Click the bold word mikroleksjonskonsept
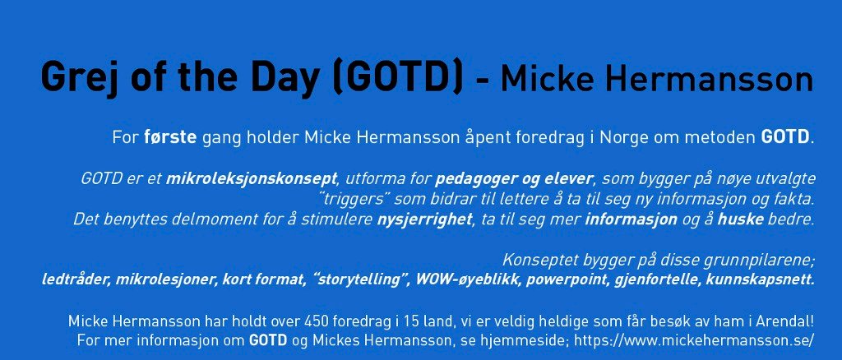pos(252,178)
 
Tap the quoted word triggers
pos(354,199)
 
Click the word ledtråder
pos(76,279)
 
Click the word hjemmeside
pos(516,339)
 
